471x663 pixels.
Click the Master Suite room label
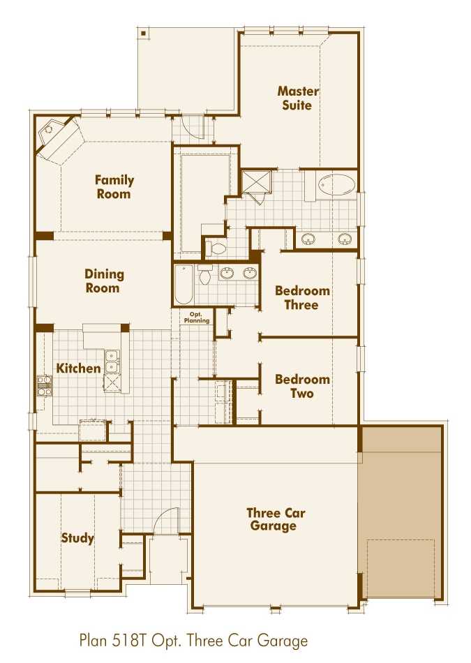298,98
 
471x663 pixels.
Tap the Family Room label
114,187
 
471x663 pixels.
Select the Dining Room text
104,281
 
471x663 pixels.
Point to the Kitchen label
78,368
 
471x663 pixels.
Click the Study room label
77,538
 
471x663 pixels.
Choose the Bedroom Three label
301,298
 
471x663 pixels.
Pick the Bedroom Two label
301,386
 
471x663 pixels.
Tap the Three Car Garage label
275,519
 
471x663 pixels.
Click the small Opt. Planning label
196,318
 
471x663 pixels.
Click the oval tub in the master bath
336,186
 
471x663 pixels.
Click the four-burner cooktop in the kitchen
45,385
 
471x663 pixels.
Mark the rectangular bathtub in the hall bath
183,283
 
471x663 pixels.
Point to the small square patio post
143,32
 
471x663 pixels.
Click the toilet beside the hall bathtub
205,275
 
